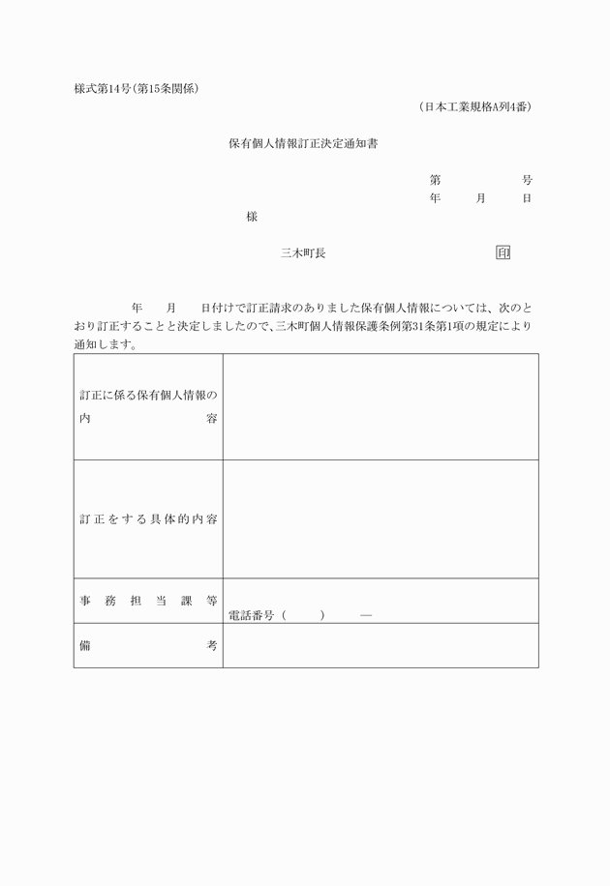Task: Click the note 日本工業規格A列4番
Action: [475, 106]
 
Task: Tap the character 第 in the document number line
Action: [436, 180]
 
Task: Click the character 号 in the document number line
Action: [527, 180]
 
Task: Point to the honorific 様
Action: [252, 217]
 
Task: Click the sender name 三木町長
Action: [303, 253]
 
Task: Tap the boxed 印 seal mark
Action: [503, 252]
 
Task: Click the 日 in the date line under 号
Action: [527, 198]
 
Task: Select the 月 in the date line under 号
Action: [481, 198]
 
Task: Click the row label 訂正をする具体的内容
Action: [148, 519]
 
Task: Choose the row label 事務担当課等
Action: [148, 601]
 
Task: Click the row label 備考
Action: [148, 645]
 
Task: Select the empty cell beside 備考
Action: [381, 645]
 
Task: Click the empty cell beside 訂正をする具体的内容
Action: [381, 519]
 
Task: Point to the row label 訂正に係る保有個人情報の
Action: [148, 395]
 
